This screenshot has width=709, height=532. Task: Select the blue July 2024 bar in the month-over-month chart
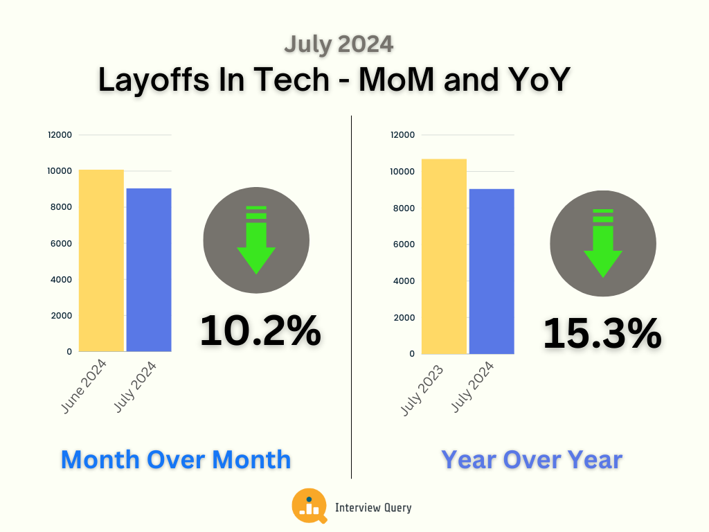[148, 270]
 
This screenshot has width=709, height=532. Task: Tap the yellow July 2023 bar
[444, 256]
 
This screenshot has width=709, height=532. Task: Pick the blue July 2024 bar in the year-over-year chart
[492, 272]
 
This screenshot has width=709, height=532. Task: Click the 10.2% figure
[260, 331]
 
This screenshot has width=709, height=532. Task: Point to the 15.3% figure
[602, 334]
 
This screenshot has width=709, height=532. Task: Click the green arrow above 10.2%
[256, 239]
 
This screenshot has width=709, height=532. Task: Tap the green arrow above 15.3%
[603, 242]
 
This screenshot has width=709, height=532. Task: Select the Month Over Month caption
[176, 459]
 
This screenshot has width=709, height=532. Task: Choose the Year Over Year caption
[532, 459]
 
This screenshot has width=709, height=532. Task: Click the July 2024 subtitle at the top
[339, 44]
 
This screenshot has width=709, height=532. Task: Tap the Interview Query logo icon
[309, 506]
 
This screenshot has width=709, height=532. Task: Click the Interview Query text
[373, 508]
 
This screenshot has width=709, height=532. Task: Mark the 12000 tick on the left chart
[60, 135]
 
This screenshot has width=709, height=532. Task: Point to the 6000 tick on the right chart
[403, 245]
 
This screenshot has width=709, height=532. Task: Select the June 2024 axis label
[84, 387]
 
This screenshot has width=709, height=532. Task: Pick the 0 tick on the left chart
[69, 352]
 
